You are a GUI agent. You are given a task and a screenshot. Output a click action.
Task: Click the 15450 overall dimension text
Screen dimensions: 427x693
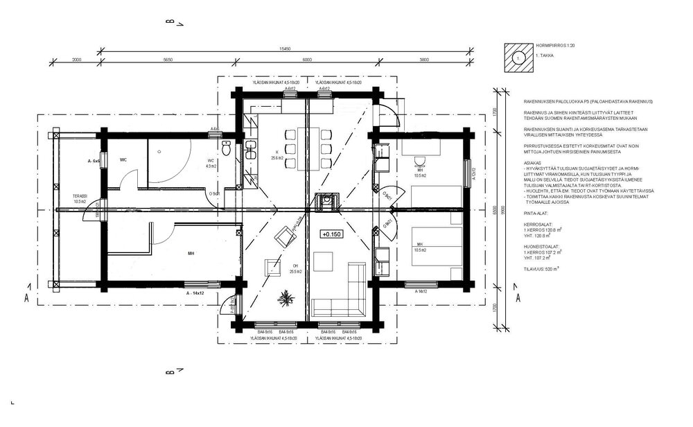284,50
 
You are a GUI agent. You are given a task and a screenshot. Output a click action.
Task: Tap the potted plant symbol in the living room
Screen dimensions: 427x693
284,299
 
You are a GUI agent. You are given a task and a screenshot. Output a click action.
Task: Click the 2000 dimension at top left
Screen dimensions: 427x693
76,60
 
